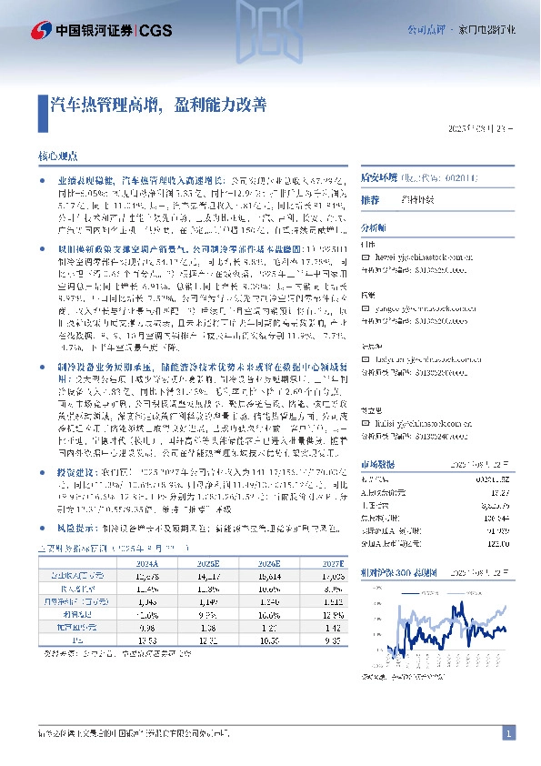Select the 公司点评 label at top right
tap(423, 30)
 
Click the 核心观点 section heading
tap(59, 156)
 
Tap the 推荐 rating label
tap(370, 198)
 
